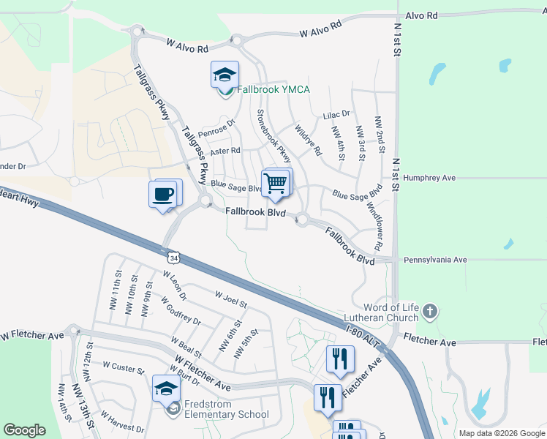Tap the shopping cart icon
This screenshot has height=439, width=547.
[276, 183]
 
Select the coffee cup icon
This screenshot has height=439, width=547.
[163, 195]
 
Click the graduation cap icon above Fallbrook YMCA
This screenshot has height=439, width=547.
[225, 75]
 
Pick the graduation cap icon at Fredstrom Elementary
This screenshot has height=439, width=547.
[167, 389]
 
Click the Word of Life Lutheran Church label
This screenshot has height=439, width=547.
[382, 311]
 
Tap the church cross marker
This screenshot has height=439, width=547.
[430, 312]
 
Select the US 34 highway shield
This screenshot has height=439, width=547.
[173, 258]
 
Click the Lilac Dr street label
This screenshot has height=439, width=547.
[337, 114]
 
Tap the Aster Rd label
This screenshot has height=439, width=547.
[225, 151]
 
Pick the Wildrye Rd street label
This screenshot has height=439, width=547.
[308, 140]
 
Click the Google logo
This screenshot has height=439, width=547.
[24, 430]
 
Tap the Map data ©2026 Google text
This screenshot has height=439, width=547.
[501, 433]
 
